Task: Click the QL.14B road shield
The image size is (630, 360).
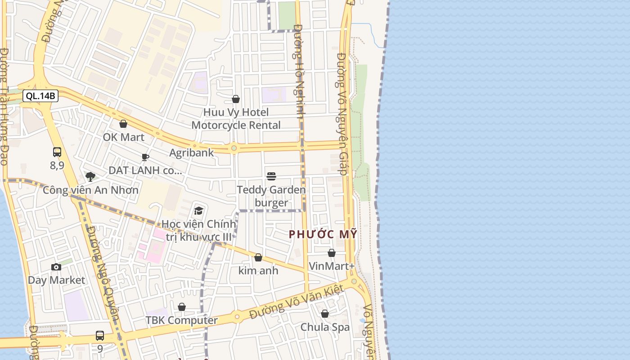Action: pos(40,96)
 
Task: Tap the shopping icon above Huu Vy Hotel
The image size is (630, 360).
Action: pos(236,99)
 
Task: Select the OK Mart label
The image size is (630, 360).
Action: pos(124,137)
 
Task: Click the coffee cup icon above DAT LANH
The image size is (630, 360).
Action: pos(145,157)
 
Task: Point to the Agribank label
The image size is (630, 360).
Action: pos(192,153)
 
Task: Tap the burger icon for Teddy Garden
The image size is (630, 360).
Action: pos(271,176)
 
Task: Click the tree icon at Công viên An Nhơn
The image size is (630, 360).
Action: pos(90,176)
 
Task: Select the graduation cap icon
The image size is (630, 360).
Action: pos(198,211)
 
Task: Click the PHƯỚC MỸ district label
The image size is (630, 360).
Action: pos(323,234)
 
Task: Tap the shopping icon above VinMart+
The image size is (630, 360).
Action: pos(332,253)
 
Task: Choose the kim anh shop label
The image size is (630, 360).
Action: pos(258,270)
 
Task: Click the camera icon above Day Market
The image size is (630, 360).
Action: pos(56,267)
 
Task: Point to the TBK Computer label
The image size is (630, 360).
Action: pos(181,320)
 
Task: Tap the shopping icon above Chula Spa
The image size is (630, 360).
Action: pos(325,314)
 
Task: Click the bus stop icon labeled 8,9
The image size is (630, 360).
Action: pos(57,152)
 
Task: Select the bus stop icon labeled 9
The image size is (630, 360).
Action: pos(100,336)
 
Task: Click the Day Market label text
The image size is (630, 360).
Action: pos(56,280)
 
